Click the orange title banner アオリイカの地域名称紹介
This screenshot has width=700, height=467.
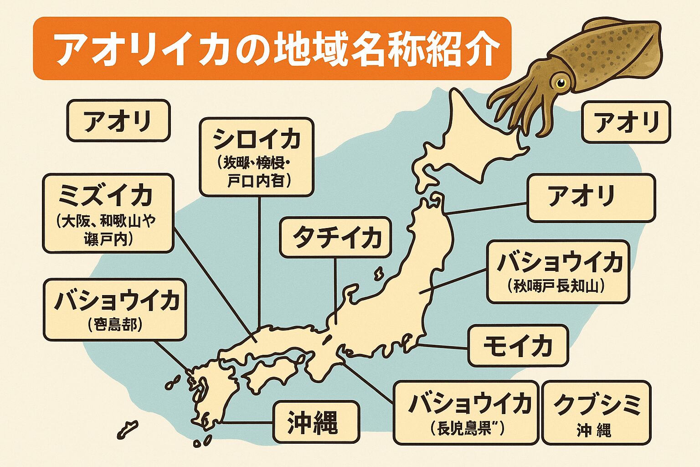point(272,48)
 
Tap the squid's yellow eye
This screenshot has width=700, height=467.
point(560,83)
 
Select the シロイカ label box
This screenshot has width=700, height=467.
point(257,157)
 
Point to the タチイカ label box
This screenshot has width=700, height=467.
point(335,237)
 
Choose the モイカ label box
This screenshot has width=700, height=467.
point(518,345)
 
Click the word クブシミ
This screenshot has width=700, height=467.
point(597,404)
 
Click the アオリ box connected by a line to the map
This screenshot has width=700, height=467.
point(591,197)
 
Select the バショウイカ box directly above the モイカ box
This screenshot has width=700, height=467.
point(558,272)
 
